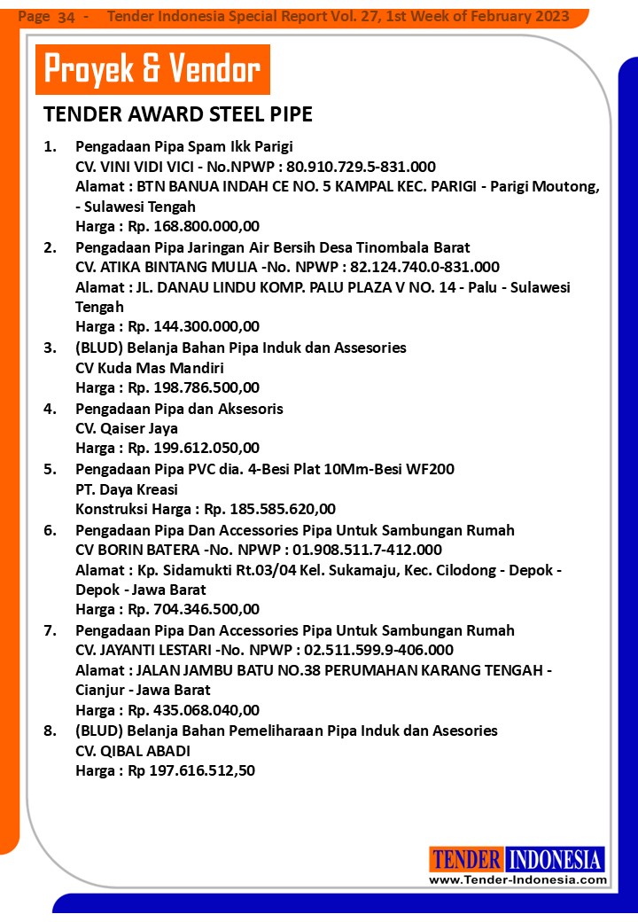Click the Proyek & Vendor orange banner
click(x=152, y=69)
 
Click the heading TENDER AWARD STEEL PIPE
click(x=177, y=115)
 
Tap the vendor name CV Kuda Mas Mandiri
click(x=137, y=367)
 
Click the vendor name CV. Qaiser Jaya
click(x=127, y=428)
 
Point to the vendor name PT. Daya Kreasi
click(x=127, y=489)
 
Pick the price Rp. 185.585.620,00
click(x=269, y=509)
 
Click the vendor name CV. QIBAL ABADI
click(x=133, y=751)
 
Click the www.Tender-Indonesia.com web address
click(x=517, y=879)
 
